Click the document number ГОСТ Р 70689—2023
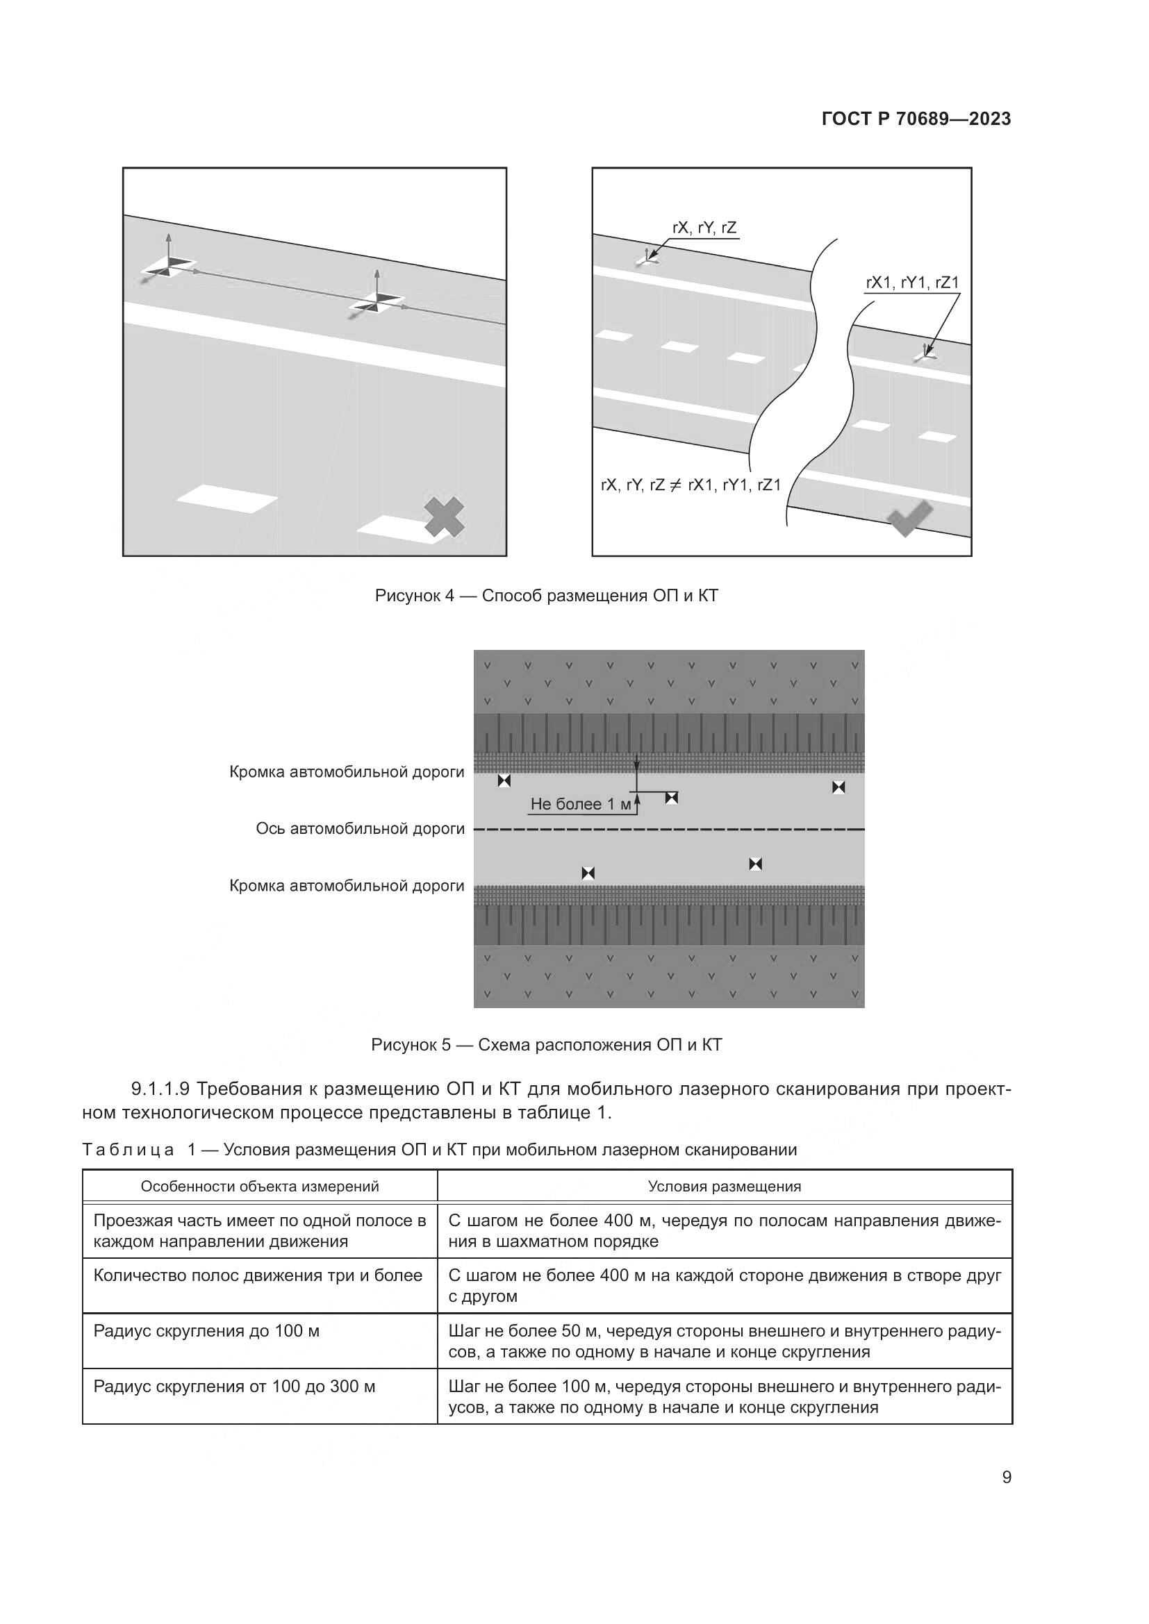click(x=916, y=119)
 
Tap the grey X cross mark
click(x=445, y=517)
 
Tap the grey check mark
click(x=910, y=518)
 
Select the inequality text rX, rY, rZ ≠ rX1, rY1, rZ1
click(x=691, y=485)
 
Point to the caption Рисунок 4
click(x=546, y=596)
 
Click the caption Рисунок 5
click(x=546, y=1045)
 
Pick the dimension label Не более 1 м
click(x=580, y=804)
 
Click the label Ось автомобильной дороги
click(x=360, y=828)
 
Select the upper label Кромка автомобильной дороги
click(x=347, y=771)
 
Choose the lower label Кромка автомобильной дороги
click(x=347, y=885)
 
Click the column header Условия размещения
click(x=725, y=1186)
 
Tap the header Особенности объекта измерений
click(x=260, y=1186)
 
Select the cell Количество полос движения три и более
click(x=258, y=1275)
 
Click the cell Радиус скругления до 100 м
click(x=206, y=1331)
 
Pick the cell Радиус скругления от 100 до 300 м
click(x=234, y=1387)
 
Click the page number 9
click(x=1007, y=1477)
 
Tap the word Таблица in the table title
click(x=128, y=1149)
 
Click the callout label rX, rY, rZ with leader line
click(x=704, y=228)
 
